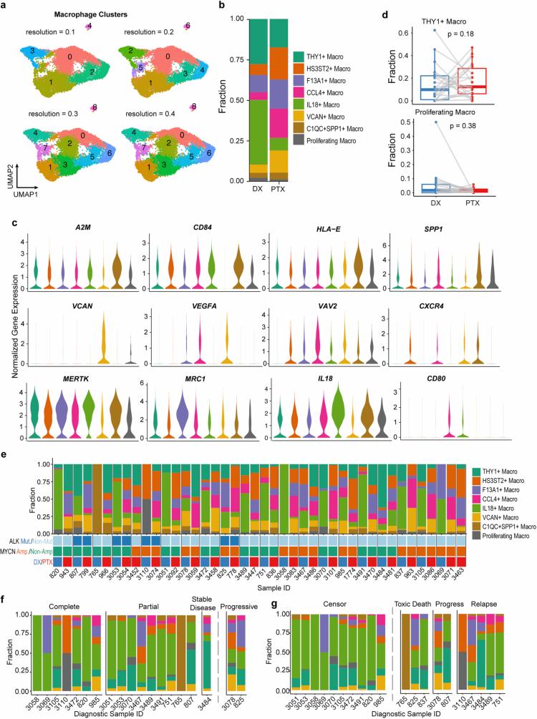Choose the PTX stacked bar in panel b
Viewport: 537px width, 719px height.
(x=279, y=100)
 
